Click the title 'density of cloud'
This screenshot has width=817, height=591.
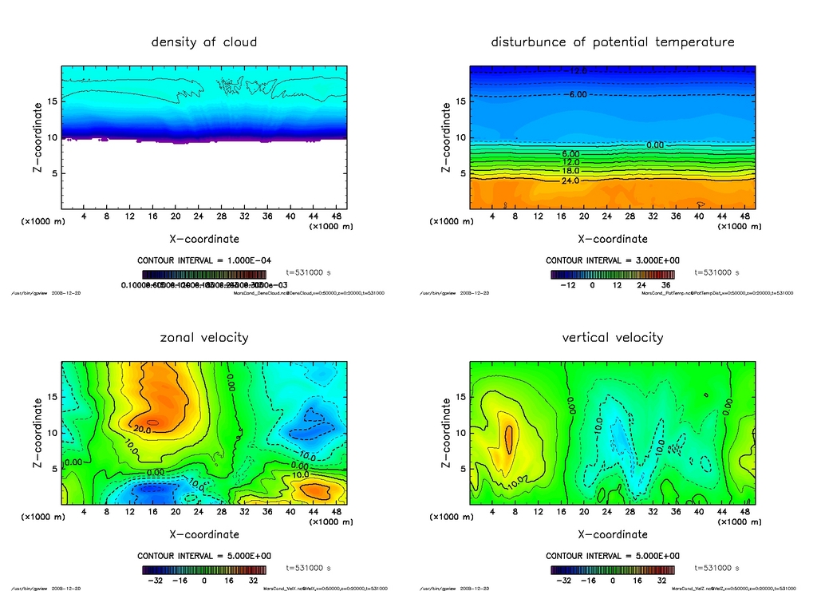(204, 42)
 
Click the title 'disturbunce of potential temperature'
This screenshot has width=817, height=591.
(613, 42)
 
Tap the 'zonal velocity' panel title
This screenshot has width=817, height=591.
(204, 337)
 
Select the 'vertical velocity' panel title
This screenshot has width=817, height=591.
(613, 337)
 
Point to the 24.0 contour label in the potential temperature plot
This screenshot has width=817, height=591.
(570, 181)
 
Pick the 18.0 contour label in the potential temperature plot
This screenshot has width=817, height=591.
(570, 172)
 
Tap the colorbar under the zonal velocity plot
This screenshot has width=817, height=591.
(204, 570)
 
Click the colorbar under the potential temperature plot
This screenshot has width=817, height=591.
(613, 275)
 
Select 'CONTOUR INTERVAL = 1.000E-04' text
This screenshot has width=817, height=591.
(204, 260)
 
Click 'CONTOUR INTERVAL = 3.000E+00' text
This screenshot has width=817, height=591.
(613, 260)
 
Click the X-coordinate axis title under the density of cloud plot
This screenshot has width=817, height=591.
(204, 239)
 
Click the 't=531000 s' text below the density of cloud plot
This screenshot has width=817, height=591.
(308, 272)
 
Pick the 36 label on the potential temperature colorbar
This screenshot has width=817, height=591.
(665, 285)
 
